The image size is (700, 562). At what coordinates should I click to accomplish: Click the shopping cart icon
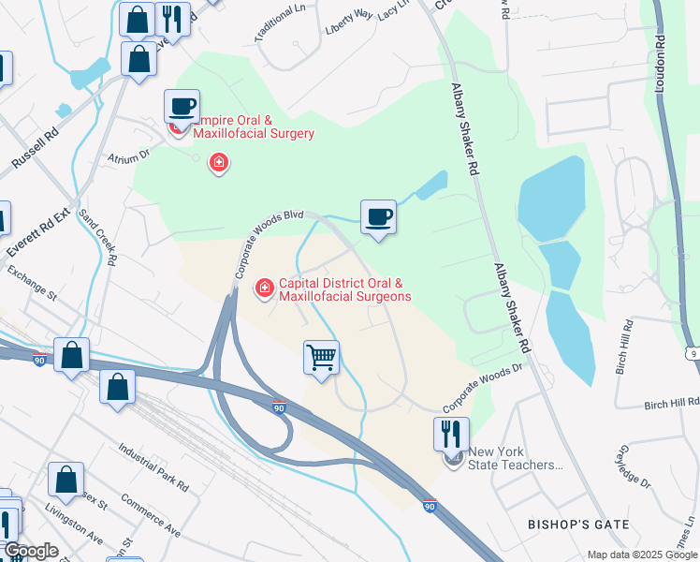(x=321, y=357)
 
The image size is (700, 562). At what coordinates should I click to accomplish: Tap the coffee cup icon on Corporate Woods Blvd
(x=378, y=217)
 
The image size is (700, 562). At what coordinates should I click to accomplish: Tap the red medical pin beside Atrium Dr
(x=219, y=165)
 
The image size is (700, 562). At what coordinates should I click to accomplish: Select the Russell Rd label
(x=35, y=149)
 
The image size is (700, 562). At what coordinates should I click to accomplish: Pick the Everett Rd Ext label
(x=37, y=228)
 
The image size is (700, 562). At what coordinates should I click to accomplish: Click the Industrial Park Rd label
(x=153, y=464)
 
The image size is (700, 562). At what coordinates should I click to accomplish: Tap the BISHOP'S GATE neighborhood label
(x=577, y=525)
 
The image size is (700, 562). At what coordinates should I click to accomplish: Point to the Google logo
(x=31, y=551)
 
